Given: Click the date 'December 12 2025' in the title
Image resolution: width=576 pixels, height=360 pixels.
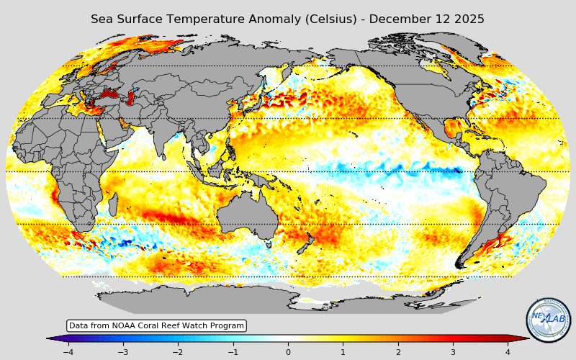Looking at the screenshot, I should pos(426,19).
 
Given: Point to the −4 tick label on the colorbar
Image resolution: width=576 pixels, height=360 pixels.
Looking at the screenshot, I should pos(68,352).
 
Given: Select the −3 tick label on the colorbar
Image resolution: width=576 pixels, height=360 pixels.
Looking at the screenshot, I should pos(122,352).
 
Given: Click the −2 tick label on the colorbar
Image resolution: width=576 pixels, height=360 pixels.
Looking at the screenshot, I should pos(178,352).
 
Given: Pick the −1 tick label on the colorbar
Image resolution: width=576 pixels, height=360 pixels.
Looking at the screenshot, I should pos(233,352).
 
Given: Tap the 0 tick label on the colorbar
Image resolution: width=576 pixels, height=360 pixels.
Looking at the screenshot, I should pos(288,352).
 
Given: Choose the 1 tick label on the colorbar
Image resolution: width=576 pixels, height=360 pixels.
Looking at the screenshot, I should pos(343,352).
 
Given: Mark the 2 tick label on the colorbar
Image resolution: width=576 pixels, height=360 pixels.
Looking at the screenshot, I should pos(398,352).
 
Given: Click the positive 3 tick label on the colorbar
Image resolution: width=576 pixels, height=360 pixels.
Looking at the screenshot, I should pos(453,352).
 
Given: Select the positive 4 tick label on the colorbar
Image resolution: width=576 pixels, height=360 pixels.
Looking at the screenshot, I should pos(508,352).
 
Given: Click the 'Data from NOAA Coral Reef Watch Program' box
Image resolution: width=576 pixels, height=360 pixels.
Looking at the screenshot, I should pos(157,326).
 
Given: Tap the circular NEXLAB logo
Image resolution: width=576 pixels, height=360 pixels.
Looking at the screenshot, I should pos(549,320).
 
